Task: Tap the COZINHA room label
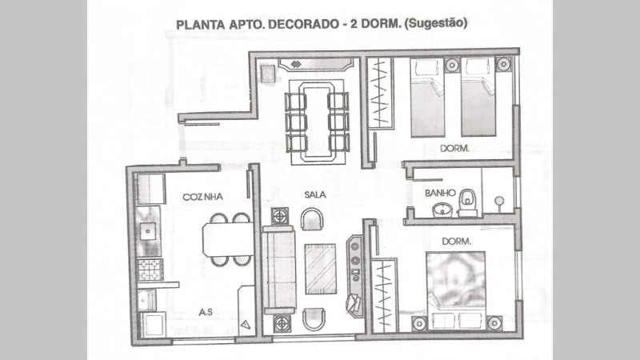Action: [202, 197]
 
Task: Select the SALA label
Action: [315, 194]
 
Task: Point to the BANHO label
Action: [440, 193]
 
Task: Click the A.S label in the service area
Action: [206, 312]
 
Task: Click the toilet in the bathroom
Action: [467, 203]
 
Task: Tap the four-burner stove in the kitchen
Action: [150, 270]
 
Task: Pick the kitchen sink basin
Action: [147, 232]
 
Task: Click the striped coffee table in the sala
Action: [321, 269]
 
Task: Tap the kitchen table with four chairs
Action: [227, 239]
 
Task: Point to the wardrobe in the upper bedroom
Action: [381, 94]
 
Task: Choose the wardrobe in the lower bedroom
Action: [384, 295]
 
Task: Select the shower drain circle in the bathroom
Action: [498, 201]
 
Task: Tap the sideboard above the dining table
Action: [315, 65]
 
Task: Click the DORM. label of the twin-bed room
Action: [454, 149]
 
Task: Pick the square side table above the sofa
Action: [279, 216]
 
